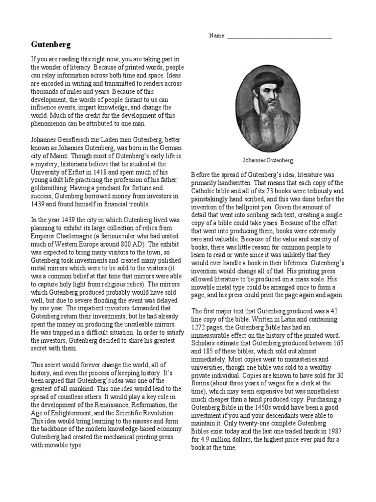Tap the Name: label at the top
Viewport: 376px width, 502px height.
217,36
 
